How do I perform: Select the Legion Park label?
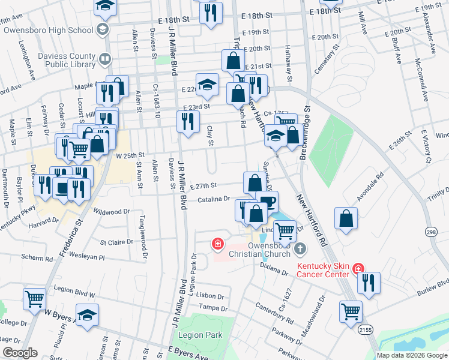(x=204, y=335)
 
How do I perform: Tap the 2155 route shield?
(x=364, y=329)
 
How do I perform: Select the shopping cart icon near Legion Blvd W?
(x=35, y=298)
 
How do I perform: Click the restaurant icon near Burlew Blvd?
(x=369, y=282)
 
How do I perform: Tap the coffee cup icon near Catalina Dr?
(x=267, y=201)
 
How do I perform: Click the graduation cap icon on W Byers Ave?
(x=87, y=315)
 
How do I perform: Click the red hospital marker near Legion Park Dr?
(x=217, y=244)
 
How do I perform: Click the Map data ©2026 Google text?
(x=411, y=355)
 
